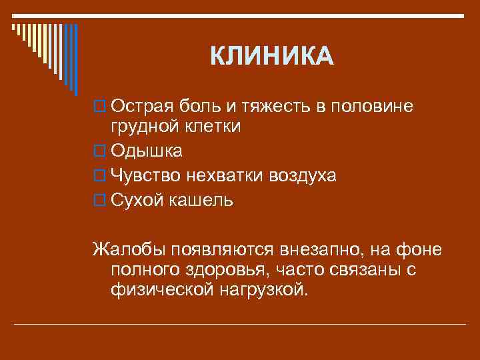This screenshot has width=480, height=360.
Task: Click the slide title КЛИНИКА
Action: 271,56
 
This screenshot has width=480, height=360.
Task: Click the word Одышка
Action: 147,151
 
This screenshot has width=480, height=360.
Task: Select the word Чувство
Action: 147,175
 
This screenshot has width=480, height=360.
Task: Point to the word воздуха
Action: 303,175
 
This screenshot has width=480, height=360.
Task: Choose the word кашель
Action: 203,200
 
